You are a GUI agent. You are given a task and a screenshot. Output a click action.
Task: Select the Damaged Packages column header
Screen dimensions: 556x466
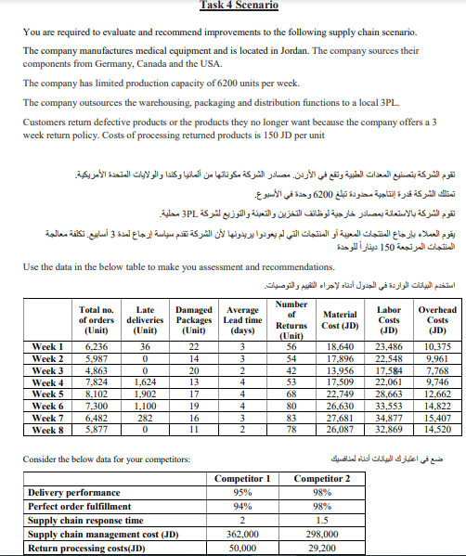coord(192,294)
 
